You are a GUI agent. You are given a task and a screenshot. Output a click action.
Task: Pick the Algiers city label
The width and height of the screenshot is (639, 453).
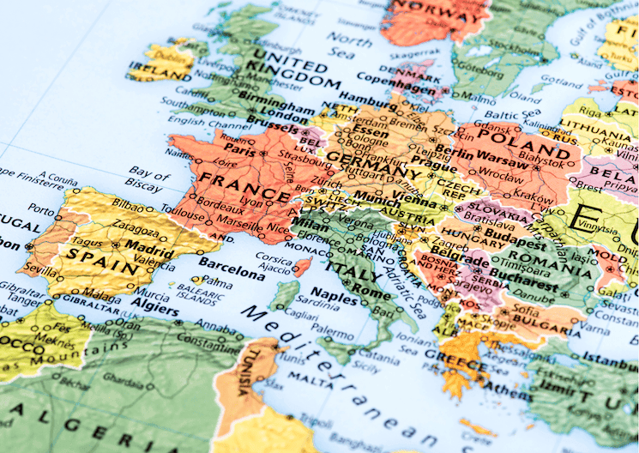[x=155, y=309]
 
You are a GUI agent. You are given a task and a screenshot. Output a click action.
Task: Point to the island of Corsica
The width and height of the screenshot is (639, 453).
[x=302, y=266]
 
